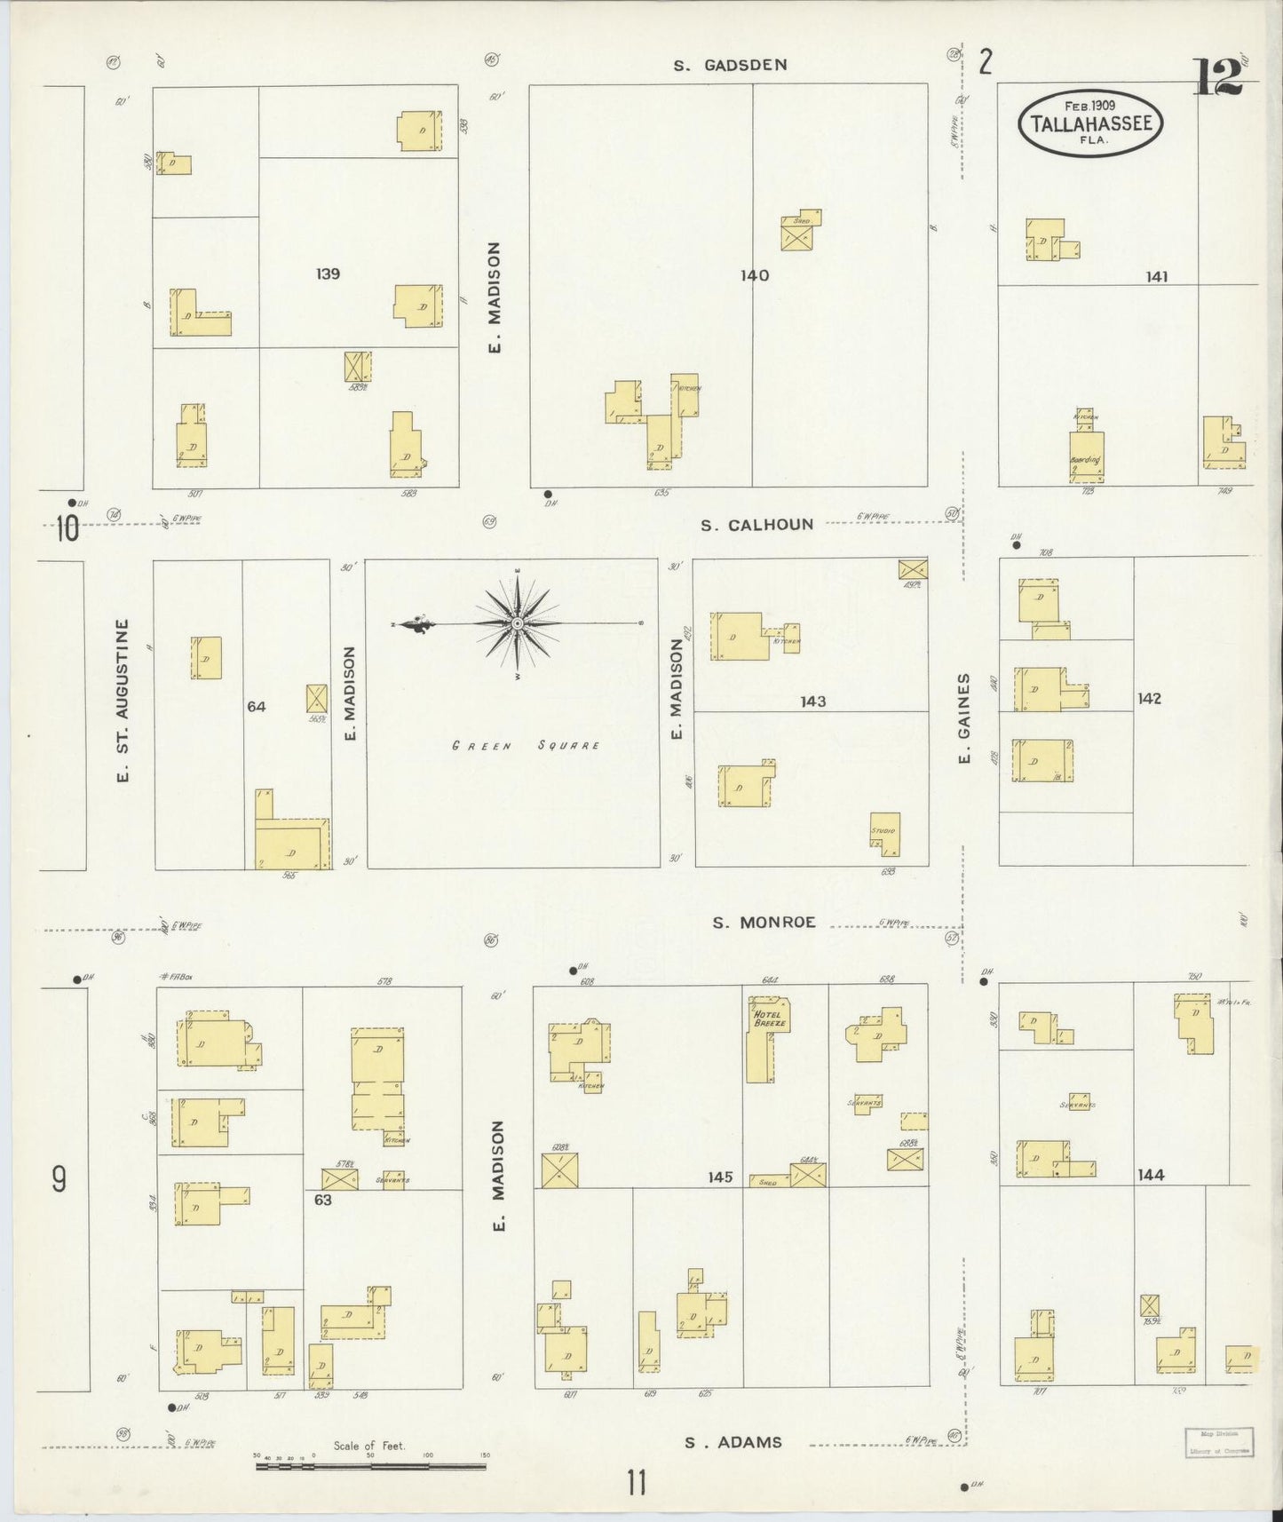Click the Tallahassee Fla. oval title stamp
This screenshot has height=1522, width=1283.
(1090, 123)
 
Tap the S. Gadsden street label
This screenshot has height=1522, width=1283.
(730, 65)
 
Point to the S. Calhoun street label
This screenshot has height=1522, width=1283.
(756, 525)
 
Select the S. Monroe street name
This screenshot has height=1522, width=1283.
(764, 923)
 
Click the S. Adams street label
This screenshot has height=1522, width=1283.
(733, 1442)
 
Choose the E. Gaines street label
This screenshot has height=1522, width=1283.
(964, 717)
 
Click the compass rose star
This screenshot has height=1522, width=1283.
(518, 624)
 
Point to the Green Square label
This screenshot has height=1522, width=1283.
(526, 746)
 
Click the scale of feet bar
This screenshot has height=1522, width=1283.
(370, 1466)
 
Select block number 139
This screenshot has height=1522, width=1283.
(328, 273)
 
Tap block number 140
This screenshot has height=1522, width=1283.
(755, 275)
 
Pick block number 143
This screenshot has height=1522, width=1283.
(812, 702)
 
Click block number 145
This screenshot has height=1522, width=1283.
(720, 1177)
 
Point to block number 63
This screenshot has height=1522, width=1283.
(322, 1200)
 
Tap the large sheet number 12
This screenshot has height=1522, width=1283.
(1217, 77)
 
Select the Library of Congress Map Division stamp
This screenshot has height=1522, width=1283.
(1219, 1441)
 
